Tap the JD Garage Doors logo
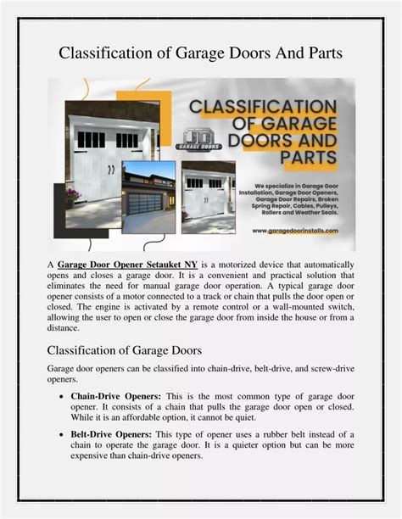(x=198, y=138)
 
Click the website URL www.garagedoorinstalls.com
(x=296, y=230)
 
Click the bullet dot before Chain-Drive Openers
(x=60, y=397)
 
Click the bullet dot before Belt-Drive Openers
(x=60, y=434)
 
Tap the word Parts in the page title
(x=321, y=53)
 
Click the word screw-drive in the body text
(x=325, y=369)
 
